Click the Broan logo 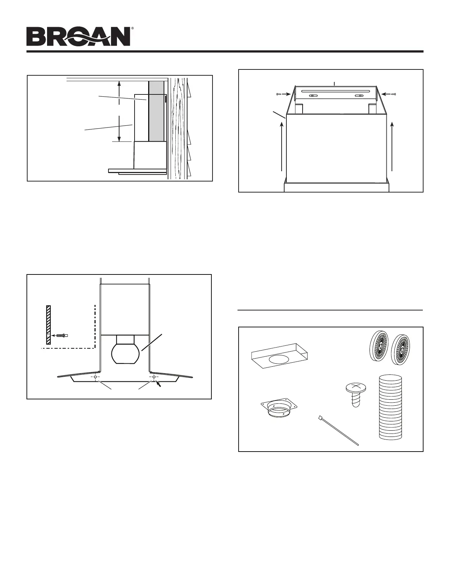coord(78,37)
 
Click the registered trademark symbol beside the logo coord(132,28)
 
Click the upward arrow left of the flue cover coord(282,147)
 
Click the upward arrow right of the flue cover coord(393,147)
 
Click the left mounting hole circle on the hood coord(95,377)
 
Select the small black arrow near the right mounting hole coord(159,384)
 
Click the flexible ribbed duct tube coord(390,406)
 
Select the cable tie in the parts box coord(337,430)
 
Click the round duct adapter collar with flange coord(278,409)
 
